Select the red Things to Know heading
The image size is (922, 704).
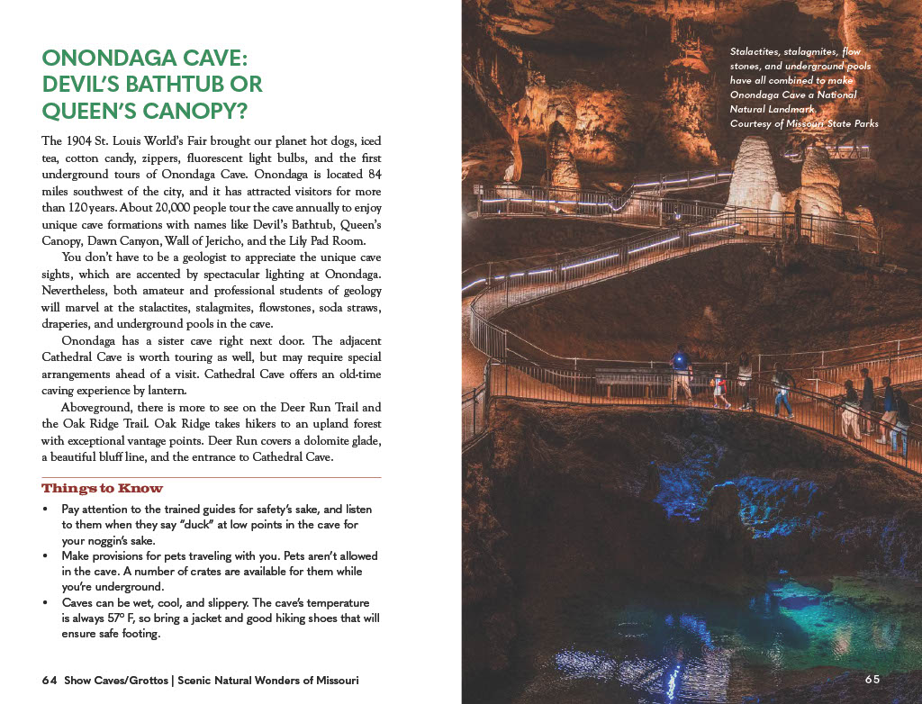click(102, 489)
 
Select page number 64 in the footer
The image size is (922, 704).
click(50, 681)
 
